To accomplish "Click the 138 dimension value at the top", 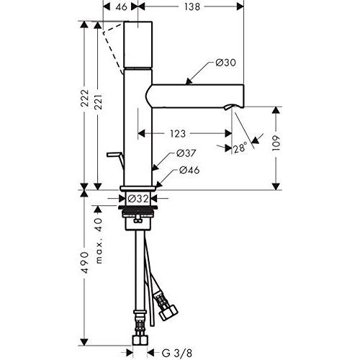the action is [x=192, y=6].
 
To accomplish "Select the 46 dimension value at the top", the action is [x=122, y=6].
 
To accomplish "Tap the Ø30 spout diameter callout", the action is [x=225, y=63].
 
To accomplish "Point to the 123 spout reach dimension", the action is [x=178, y=134].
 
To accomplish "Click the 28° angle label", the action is [x=240, y=148].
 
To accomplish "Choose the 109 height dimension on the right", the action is [x=276, y=143].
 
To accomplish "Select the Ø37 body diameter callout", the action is [x=186, y=153].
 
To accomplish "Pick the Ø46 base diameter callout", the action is [x=189, y=170].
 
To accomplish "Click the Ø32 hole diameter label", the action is [x=138, y=199].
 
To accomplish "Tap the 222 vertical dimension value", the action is [x=84, y=98].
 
